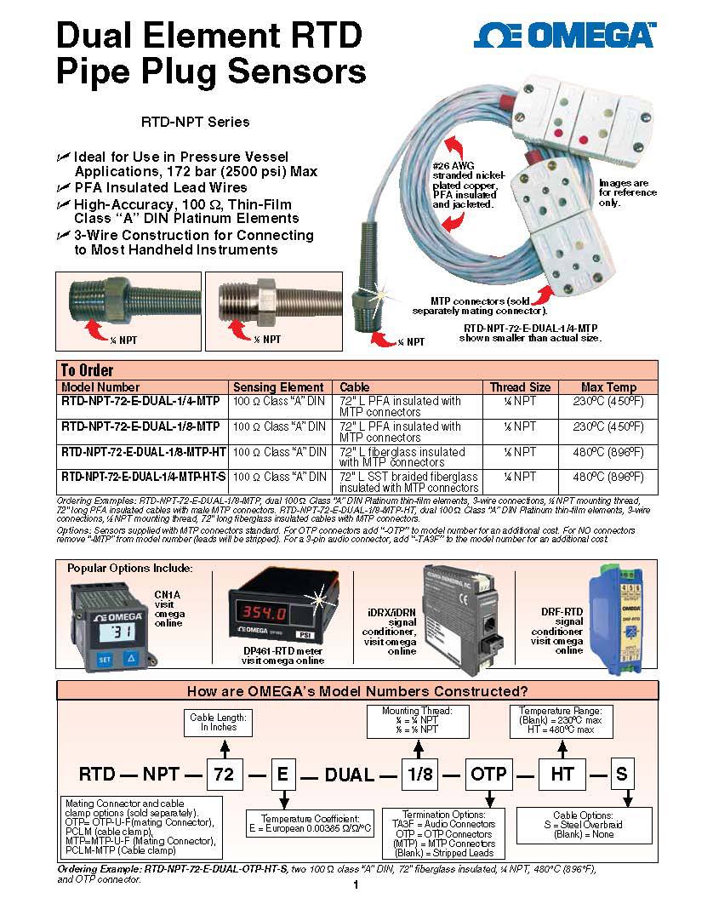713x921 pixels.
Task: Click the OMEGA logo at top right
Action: [x=565, y=35]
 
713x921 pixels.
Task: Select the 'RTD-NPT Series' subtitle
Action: [x=195, y=122]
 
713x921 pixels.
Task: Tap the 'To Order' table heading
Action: [x=87, y=370]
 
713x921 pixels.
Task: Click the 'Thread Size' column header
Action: [x=519, y=386]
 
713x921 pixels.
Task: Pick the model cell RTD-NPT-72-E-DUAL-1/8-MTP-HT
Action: [x=144, y=452]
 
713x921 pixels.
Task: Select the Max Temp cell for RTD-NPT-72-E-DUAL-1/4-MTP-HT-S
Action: [x=607, y=478]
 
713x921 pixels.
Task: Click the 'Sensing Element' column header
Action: [x=278, y=386]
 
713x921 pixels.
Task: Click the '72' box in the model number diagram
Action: [x=224, y=774]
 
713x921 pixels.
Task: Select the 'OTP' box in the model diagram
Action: [x=488, y=774]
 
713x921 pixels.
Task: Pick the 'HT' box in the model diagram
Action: [x=562, y=774]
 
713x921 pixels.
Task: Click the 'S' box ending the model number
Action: [x=621, y=774]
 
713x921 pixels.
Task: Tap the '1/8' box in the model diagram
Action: [x=419, y=774]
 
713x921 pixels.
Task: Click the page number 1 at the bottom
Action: [x=356, y=887]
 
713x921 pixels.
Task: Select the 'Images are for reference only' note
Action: [x=627, y=193]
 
